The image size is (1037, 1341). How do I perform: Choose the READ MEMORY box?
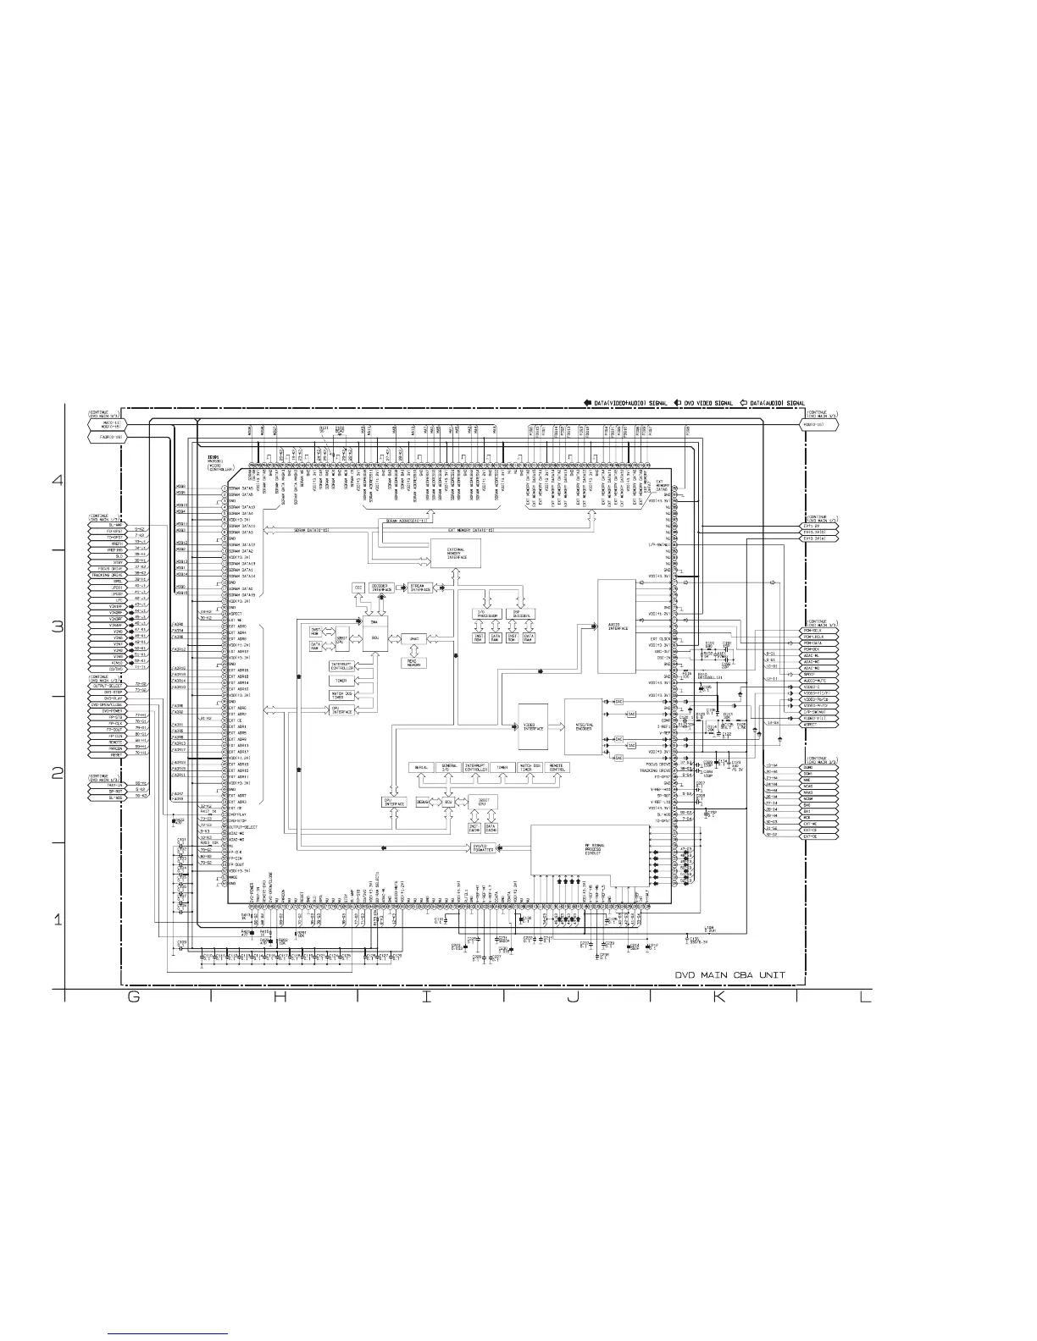[x=414, y=663]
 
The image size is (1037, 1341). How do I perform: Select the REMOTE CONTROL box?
[x=557, y=768]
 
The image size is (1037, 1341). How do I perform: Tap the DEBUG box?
[x=424, y=801]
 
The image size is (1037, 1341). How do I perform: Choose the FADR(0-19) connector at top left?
[x=107, y=438]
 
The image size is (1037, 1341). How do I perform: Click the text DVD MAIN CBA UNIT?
[x=729, y=975]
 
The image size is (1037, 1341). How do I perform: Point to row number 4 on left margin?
[x=58, y=480]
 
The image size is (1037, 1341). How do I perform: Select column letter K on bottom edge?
[x=718, y=997]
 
